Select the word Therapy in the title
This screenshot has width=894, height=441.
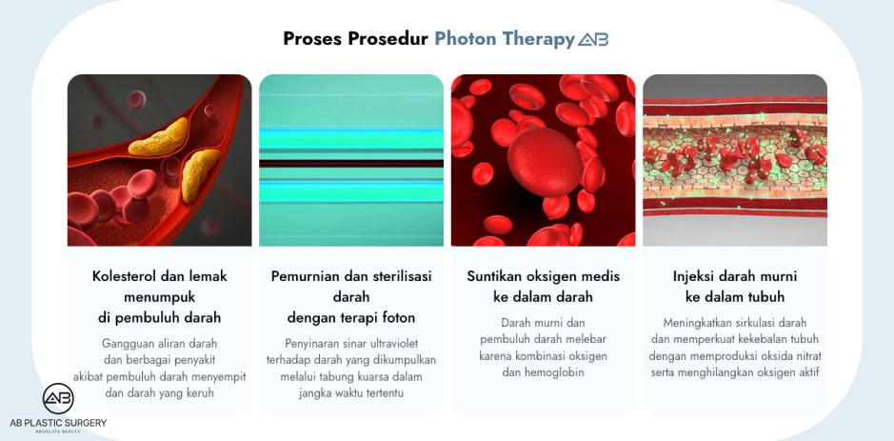(540, 39)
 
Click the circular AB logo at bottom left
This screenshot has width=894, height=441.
(58, 399)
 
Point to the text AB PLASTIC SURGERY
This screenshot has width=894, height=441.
(58, 422)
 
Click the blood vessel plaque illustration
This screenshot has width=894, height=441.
(159, 160)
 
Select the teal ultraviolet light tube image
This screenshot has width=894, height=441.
(351, 160)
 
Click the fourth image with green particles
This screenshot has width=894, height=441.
(735, 160)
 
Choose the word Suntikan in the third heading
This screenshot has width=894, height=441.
(497, 276)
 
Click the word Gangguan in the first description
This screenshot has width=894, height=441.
(129, 342)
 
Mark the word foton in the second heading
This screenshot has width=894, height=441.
(398, 317)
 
